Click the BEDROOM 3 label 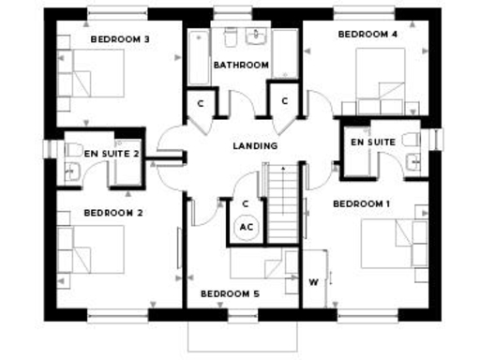(x=120, y=39)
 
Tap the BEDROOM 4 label (x=368, y=34)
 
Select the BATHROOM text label (x=241, y=65)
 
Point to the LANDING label (x=254, y=146)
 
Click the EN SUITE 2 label (x=112, y=152)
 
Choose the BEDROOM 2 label (x=112, y=213)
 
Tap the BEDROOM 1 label (x=362, y=203)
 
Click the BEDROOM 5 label (x=230, y=293)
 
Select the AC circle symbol (x=247, y=226)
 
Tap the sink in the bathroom (x=255, y=38)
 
